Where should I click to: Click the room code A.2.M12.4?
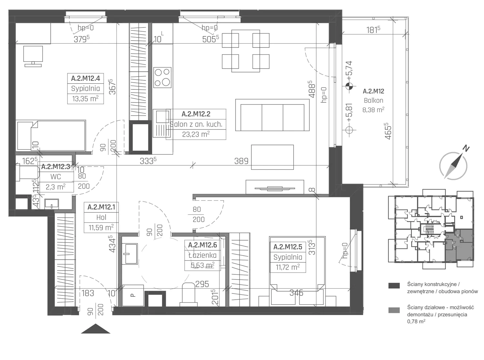[85, 78]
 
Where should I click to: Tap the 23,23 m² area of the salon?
[196, 134]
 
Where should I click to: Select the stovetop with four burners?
[162, 77]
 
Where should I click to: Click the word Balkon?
[373, 100]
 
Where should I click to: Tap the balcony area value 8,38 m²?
[373, 110]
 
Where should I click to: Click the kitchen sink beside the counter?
[162, 123]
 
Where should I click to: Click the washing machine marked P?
[133, 295]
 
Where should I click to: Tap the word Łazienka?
[203, 255]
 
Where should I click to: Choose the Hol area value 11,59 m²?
[101, 228]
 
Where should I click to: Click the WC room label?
[55, 177]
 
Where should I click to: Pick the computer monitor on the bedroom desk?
[33, 57]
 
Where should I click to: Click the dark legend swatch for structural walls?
[394, 285]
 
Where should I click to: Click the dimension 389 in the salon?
[241, 161]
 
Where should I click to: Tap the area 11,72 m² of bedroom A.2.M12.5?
[287, 267]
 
